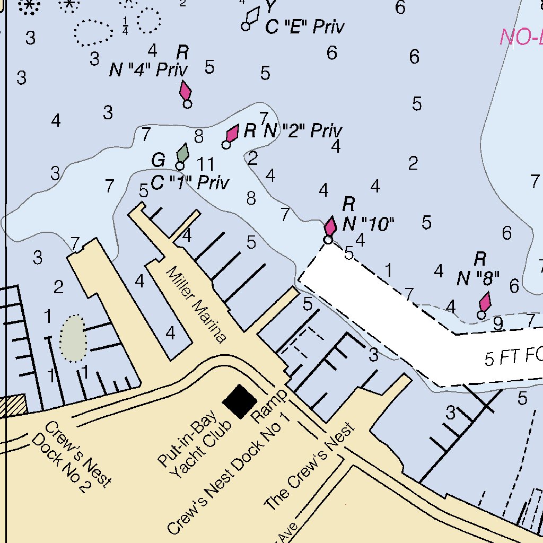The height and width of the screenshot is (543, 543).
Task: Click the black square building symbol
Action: coord(239,401)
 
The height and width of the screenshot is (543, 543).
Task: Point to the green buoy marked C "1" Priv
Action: coord(182,154)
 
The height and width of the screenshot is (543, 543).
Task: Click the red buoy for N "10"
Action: coord(330,227)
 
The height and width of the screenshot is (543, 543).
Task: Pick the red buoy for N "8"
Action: coord(484,303)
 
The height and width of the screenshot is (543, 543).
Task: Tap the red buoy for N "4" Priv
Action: coord(185,91)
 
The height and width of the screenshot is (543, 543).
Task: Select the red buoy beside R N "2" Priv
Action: coord(232,134)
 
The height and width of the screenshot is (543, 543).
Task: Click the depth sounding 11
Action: coord(205,164)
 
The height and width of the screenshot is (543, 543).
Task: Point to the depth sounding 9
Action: coord(497,323)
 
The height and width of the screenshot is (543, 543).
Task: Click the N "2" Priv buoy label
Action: coord(303,130)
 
